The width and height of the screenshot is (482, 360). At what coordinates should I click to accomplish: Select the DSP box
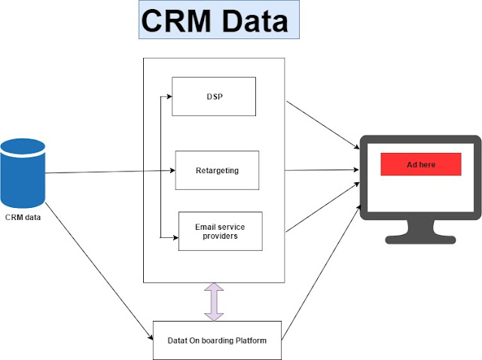[214, 96]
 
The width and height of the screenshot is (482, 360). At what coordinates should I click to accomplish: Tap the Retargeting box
[217, 170]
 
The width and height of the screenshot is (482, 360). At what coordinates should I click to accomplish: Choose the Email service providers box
[220, 230]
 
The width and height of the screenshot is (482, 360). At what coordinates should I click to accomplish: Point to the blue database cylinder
[23, 172]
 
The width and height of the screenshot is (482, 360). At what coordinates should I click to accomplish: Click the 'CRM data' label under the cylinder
[23, 218]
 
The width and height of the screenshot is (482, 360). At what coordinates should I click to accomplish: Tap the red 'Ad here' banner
[420, 164]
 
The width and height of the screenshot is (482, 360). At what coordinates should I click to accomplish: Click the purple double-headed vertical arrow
[215, 301]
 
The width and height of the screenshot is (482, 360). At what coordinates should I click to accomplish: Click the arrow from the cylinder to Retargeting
[109, 172]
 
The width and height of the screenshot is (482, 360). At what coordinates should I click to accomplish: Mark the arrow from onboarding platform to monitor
[320, 270]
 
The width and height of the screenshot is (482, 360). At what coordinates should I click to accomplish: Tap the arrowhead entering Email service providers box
[174, 237]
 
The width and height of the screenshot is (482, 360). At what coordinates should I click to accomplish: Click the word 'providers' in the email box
[220, 236]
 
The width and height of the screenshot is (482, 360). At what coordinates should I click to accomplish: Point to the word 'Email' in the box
[208, 225]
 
